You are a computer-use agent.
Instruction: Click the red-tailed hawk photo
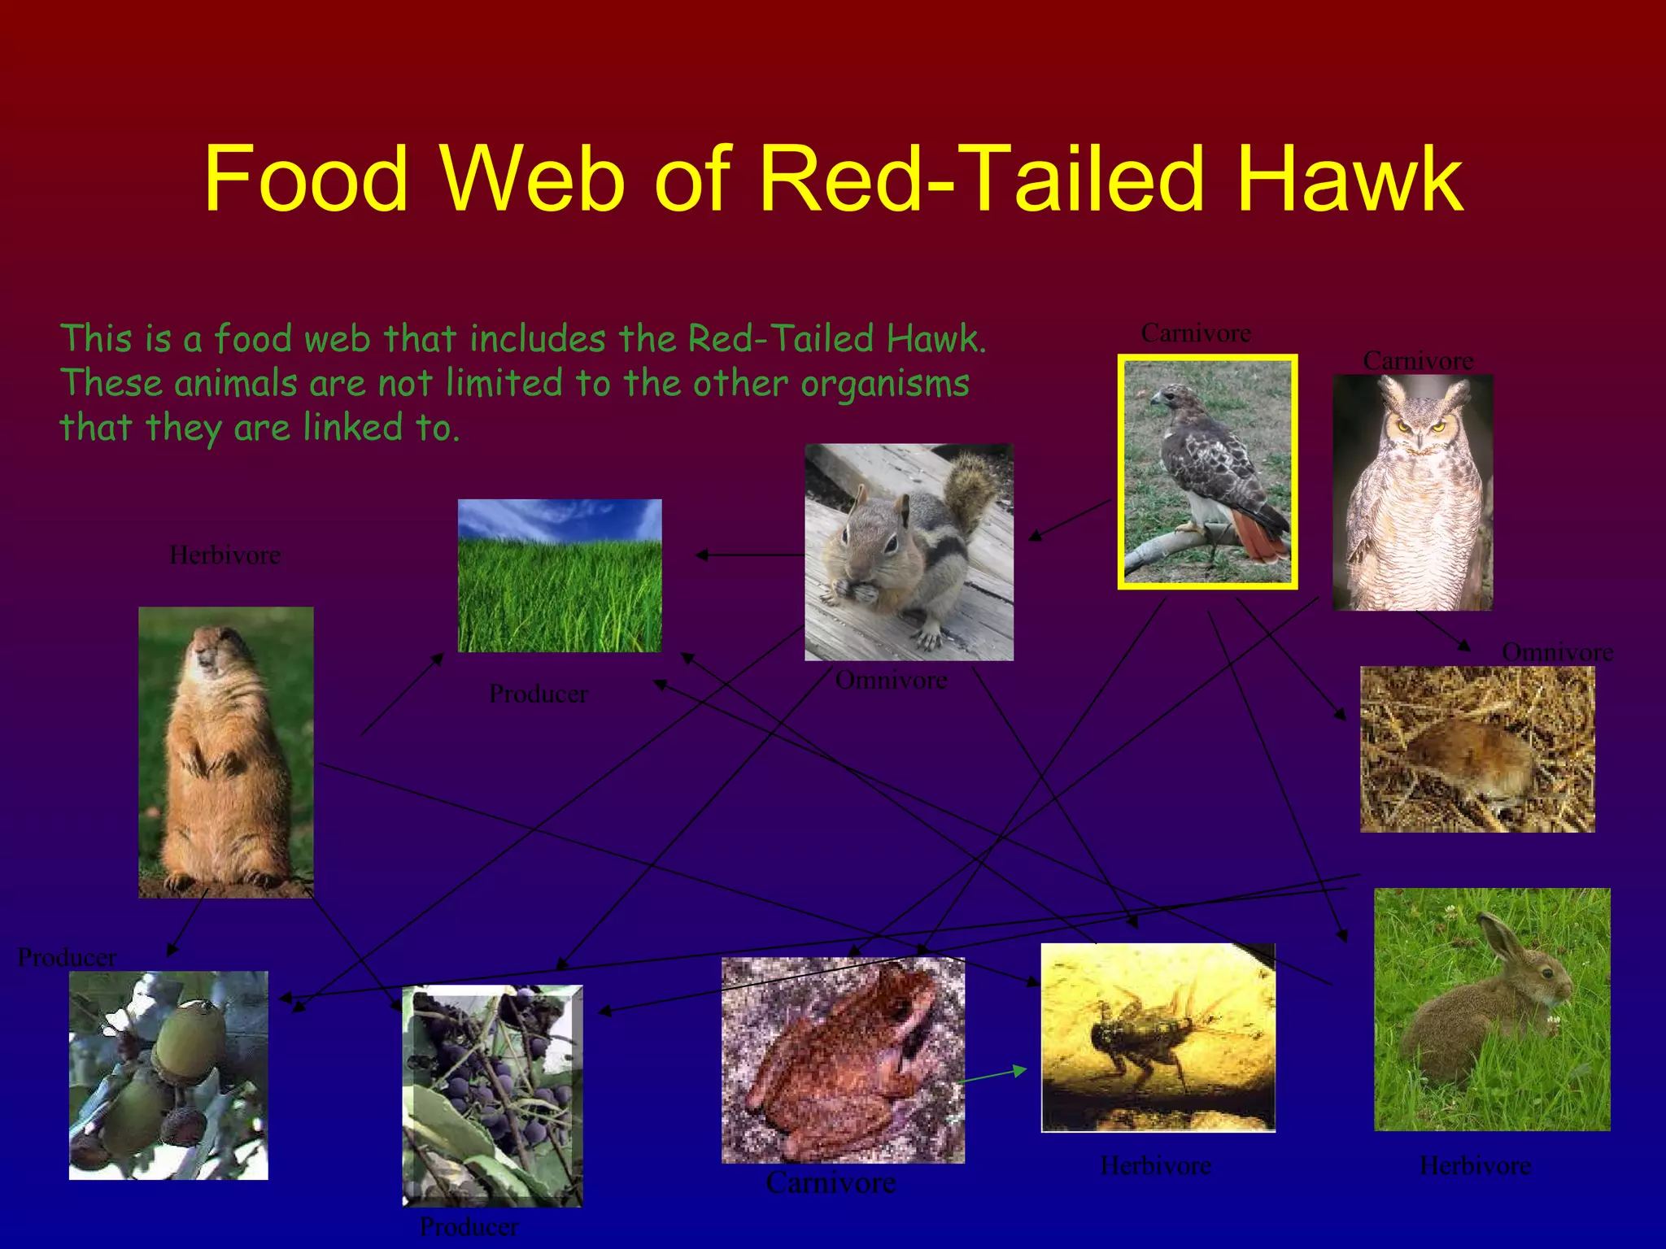(x=1207, y=472)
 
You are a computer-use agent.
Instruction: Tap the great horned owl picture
(x=1412, y=493)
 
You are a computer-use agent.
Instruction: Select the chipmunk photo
(x=909, y=552)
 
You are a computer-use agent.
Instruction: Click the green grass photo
(x=560, y=576)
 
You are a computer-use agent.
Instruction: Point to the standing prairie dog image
(x=225, y=752)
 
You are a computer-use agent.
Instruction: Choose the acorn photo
(x=168, y=1075)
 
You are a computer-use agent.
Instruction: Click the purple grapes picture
(x=492, y=1095)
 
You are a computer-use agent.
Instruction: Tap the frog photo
(x=843, y=1060)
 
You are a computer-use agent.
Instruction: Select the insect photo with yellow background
(x=1158, y=1038)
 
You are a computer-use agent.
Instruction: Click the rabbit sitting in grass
(x=1492, y=1009)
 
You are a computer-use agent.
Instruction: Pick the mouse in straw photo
(x=1477, y=749)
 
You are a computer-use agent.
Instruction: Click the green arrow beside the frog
(x=994, y=1075)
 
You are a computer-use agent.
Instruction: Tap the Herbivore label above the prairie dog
(x=225, y=555)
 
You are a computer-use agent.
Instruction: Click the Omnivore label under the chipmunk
(x=892, y=680)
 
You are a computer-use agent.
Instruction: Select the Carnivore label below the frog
(x=831, y=1182)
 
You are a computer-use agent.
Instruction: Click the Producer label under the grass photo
(x=539, y=694)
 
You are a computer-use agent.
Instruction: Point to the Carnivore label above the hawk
(x=1196, y=333)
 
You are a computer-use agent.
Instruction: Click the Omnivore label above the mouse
(x=1557, y=652)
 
